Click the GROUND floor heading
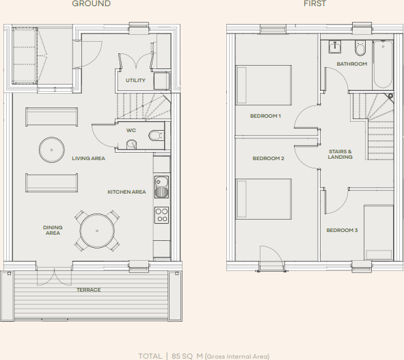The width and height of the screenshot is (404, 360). pyautogui.click(x=92, y=4)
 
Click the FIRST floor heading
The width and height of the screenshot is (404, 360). pyautogui.click(x=315, y=4)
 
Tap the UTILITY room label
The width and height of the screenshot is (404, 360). pyautogui.click(x=135, y=81)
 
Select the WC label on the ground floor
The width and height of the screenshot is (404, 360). pyautogui.click(x=131, y=129)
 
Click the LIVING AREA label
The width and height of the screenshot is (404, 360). pyautogui.click(x=88, y=158)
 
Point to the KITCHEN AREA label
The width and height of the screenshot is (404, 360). pyautogui.click(x=126, y=192)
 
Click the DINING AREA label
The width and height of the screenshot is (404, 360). pyautogui.click(x=53, y=230)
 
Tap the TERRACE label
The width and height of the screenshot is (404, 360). pyautogui.click(x=88, y=290)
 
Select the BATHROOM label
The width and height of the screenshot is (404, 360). pyautogui.click(x=351, y=64)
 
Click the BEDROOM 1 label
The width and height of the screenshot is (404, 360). pyautogui.click(x=266, y=116)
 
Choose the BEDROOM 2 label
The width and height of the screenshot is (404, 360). pyautogui.click(x=268, y=158)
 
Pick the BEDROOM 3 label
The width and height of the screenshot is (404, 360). pyautogui.click(x=342, y=230)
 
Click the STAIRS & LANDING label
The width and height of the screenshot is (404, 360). pyautogui.click(x=340, y=154)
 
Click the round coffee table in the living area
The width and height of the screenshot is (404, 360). pyautogui.click(x=51, y=148)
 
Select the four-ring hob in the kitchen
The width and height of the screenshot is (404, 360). pyautogui.click(x=162, y=215)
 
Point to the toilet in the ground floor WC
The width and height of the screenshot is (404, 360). pyautogui.click(x=155, y=135)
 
